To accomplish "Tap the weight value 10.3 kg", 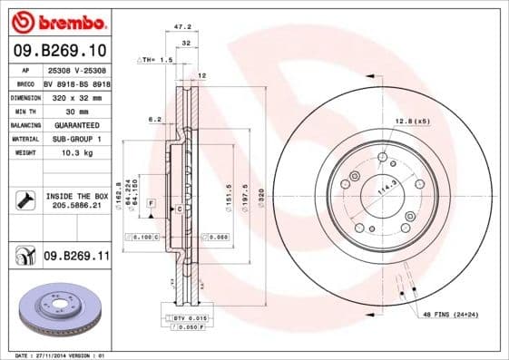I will [75, 153].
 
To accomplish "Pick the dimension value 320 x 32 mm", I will [75, 95].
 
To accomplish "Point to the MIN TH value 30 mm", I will [75, 110].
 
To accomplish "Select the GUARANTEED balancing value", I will [75, 124].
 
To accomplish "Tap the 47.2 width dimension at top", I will [181, 28].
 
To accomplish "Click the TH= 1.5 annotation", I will [154, 59].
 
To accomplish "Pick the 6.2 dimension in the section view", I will [154, 119].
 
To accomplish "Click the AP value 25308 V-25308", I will [75, 69].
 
